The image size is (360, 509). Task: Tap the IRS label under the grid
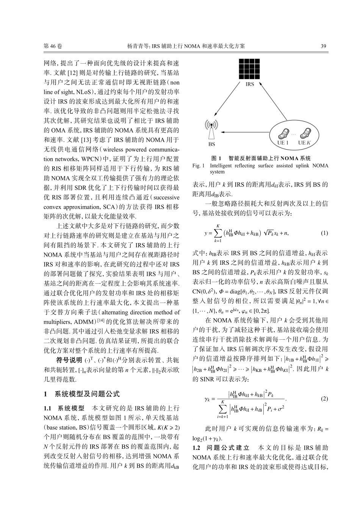tap(249, 84)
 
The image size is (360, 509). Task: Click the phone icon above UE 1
tap(283, 133)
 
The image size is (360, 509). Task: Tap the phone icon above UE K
tap(304, 133)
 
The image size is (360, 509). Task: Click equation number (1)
tap(324, 233)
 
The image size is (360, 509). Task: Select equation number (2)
tap(324, 399)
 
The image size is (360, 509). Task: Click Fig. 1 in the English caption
tap(199, 166)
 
